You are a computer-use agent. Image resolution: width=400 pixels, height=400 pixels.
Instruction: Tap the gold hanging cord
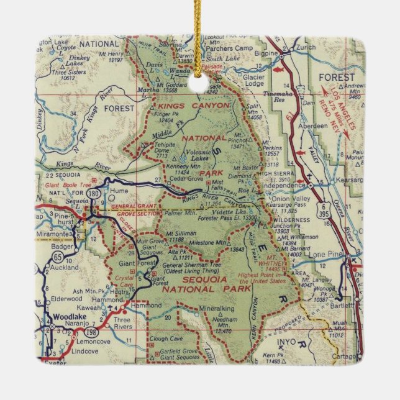click(x=200, y=25)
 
